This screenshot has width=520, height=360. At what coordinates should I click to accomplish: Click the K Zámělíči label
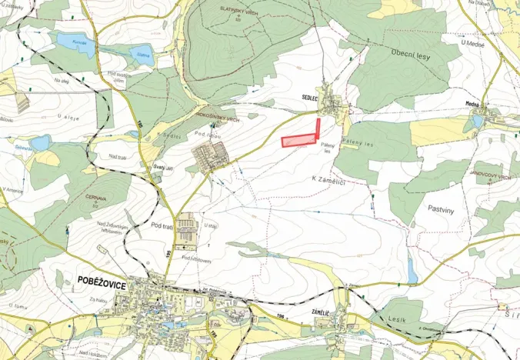click(328, 178)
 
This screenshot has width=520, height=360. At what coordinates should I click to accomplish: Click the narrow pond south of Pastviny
click(413, 270)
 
